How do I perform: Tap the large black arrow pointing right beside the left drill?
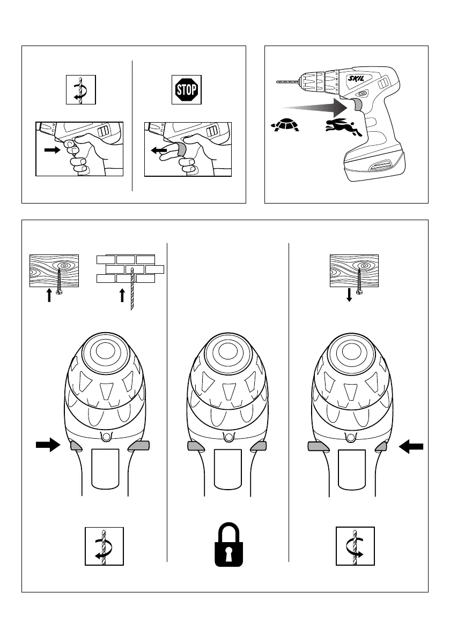(47, 445)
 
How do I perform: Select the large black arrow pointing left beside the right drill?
(411, 446)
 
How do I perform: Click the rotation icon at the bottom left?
(104, 546)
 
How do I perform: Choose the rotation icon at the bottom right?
(355, 546)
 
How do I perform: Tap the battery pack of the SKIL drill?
(375, 164)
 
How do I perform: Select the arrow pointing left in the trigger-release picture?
(158, 151)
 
